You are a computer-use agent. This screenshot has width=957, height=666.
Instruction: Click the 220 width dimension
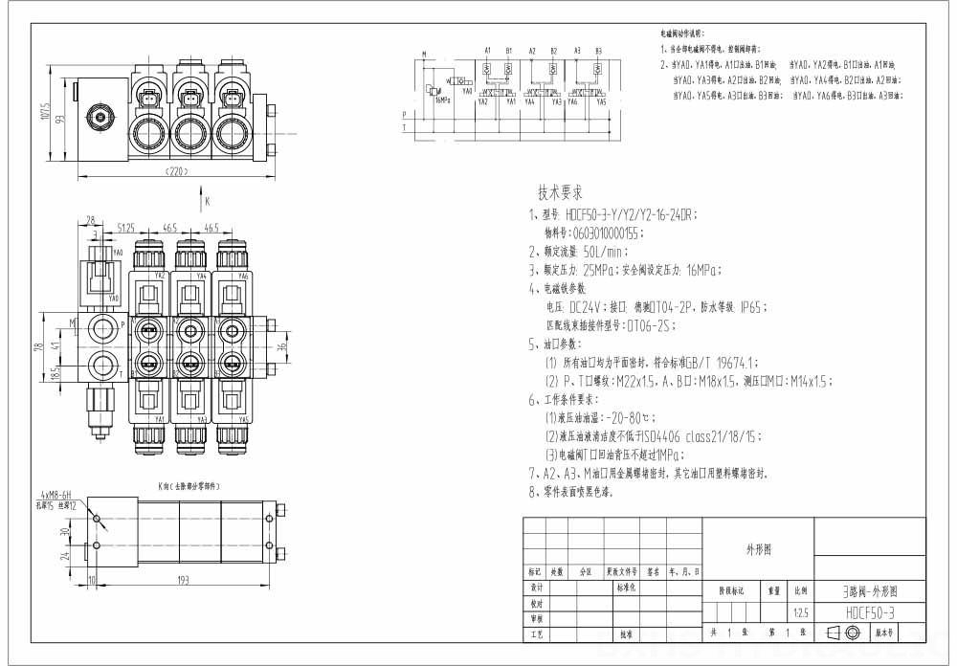175,171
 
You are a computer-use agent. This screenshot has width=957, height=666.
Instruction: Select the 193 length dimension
183,580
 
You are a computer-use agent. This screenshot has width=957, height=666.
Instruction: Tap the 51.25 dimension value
125,228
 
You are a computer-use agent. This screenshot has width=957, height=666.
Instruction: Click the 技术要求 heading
561,191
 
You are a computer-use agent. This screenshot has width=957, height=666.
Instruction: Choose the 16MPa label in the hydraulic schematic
441,99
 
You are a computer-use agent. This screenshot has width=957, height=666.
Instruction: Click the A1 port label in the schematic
487,50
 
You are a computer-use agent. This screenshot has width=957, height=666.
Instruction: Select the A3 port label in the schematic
577,50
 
